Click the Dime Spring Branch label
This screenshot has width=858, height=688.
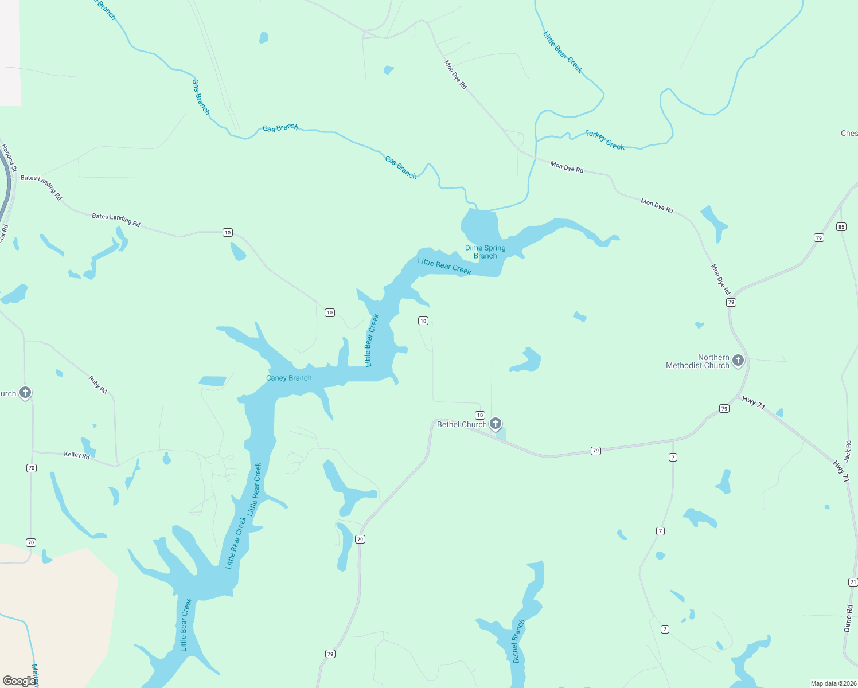pos(485,252)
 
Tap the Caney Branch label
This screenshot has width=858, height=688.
pos(289,378)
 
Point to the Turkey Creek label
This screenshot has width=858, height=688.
pos(604,140)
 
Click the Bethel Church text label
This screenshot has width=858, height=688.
pos(462,424)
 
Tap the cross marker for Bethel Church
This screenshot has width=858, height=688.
pos(496,424)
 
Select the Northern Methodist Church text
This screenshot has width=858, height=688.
pos(697,361)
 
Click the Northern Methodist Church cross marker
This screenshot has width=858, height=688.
pos(738,361)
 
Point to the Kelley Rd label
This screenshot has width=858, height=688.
pos(77,455)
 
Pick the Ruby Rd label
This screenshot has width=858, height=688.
pos(98,384)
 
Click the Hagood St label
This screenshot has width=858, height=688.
pos(9,158)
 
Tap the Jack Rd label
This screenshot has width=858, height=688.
pos(848,451)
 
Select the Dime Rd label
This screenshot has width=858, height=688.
pos(849,618)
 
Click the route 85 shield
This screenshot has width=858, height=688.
pos(841,226)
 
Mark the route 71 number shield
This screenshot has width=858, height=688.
pos(853,582)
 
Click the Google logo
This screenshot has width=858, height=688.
pos(19,681)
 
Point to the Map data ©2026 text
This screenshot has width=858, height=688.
pos(833,683)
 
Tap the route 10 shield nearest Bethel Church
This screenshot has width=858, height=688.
pos(480,415)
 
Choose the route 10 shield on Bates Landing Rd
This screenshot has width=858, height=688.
pos(228,232)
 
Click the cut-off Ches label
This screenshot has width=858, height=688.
pos(849,133)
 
